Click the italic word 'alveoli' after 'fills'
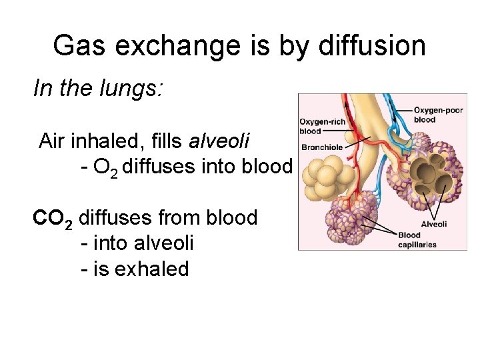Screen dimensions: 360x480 pyautogui.click(x=219, y=141)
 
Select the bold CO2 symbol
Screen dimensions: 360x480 pyautogui.click(x=53, y=219)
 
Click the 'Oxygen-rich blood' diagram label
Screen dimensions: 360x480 pyautogui.click(x=322, y=126)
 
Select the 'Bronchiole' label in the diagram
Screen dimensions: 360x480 pyautogui.click(x=323, y=147)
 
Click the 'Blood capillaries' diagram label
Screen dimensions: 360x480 pyautogui.click(x=417, y=239)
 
